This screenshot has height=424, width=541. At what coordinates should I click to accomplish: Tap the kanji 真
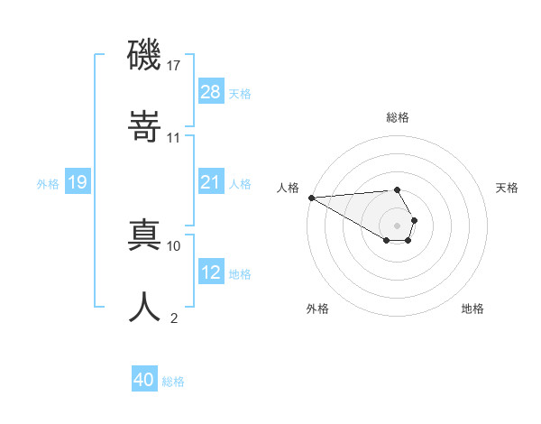144,234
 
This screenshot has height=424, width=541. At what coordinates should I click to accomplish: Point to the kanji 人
144,306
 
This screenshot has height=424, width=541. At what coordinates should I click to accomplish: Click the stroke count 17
174,66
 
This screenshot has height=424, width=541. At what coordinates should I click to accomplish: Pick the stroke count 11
174,138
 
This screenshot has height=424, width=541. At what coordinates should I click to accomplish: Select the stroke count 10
174,245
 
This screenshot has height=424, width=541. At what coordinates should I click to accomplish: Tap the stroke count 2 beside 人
173,318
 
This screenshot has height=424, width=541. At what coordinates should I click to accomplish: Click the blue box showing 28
211,92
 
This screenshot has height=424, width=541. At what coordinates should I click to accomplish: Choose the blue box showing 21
211,182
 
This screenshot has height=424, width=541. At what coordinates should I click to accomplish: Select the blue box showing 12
211,272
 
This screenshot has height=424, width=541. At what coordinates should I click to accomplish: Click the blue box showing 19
78,182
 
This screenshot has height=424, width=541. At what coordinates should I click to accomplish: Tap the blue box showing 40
144,380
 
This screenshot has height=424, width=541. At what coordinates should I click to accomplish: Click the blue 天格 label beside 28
240,94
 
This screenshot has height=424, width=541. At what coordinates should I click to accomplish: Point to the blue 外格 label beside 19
48,184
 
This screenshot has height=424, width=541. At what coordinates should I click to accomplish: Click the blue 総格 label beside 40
173,382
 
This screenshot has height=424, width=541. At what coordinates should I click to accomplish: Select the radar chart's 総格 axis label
398,117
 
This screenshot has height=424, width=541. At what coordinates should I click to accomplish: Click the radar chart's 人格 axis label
288,188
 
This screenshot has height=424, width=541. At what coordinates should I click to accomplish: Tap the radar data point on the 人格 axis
311,198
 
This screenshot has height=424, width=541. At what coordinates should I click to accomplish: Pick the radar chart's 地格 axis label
472,309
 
